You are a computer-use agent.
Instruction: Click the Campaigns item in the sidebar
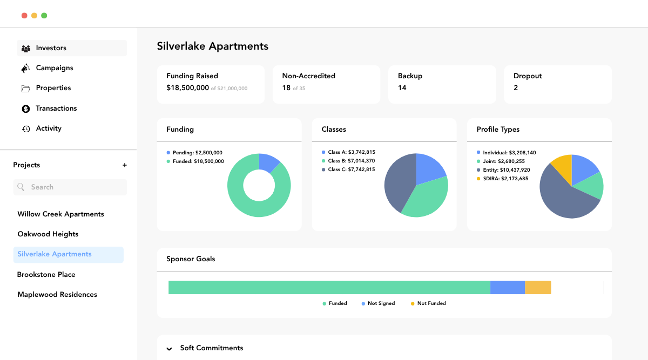coord(54,68)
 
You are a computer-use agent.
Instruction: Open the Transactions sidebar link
coord(56,108)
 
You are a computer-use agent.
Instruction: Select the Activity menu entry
coord(48,128)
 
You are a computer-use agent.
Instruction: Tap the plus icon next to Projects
coord(125,165)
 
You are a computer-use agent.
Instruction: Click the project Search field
coord(70,187)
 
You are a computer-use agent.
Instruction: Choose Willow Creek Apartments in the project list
coord(60,214)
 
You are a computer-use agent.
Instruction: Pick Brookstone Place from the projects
coord(46,275)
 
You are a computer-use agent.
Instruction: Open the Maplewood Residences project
coord(57,295)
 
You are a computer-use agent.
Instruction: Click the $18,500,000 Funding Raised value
coord(187,87)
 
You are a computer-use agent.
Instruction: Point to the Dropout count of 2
coord(516,87)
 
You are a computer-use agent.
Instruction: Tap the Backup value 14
coord(402,87)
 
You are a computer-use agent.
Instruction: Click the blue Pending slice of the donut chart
coord(269,162)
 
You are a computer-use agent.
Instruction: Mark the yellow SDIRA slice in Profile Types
coord(562,166)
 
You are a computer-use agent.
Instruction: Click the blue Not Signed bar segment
coord(508,288)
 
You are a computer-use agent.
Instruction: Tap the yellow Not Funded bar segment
coord(538,288)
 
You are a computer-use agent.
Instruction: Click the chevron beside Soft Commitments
coord(170,349)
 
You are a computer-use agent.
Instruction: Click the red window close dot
coord(24,16)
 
